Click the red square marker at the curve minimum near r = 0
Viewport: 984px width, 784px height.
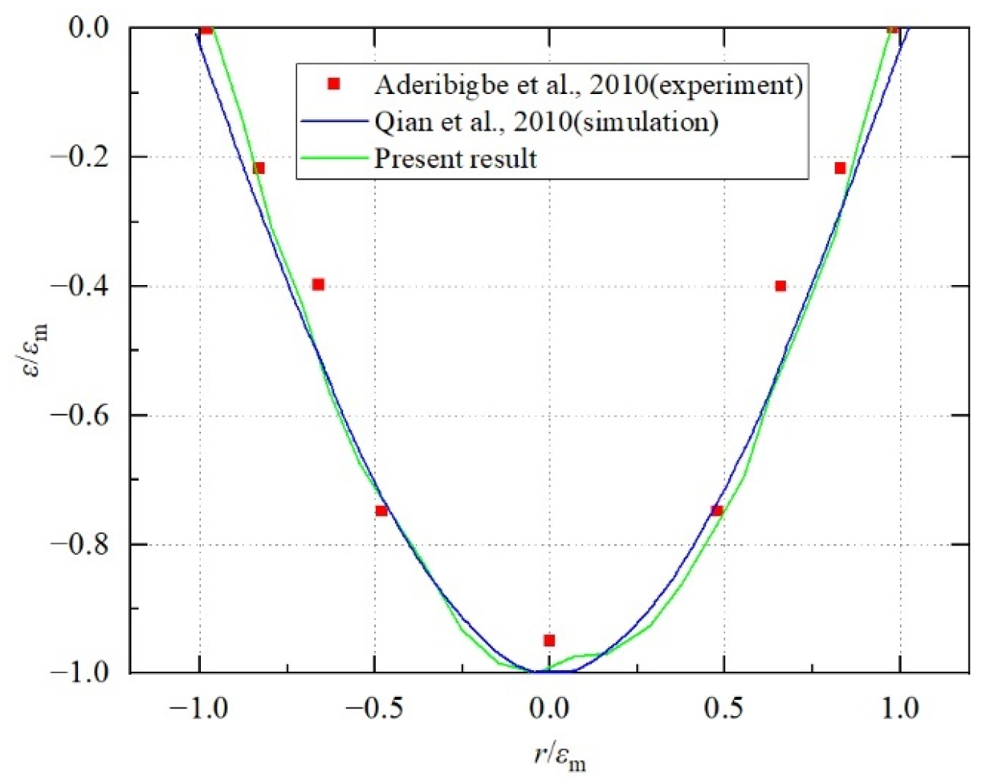pos(549,640)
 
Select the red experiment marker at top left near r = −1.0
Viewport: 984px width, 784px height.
pos(206,30)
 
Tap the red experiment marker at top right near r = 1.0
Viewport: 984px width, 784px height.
pos(892,29)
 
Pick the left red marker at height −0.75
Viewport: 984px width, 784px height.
pos(381,510)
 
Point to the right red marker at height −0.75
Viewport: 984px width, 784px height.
pos(717,510)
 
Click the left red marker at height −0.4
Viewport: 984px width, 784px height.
pos(319,284)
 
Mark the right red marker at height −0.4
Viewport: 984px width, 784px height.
pos(780,286)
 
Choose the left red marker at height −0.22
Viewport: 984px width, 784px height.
pos(259,168)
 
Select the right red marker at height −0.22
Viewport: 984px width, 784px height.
pos(840,168)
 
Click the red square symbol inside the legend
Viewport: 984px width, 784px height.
pos(333,84)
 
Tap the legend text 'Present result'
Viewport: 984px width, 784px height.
pos(455,159)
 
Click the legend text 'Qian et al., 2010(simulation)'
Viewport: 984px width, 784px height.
pos(545,121)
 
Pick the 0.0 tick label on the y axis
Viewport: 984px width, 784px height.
pos(89,28)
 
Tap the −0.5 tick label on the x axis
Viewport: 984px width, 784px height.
pos(374,709)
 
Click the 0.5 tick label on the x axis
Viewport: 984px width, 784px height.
pos(723,709)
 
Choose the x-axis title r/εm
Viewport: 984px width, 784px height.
pos(559,756)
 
